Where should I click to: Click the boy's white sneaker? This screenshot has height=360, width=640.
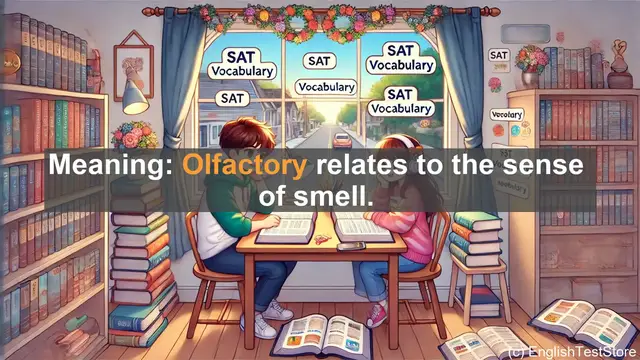261,325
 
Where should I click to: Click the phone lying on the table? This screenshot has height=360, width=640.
350,245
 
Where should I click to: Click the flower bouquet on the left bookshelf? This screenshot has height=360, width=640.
135,134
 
